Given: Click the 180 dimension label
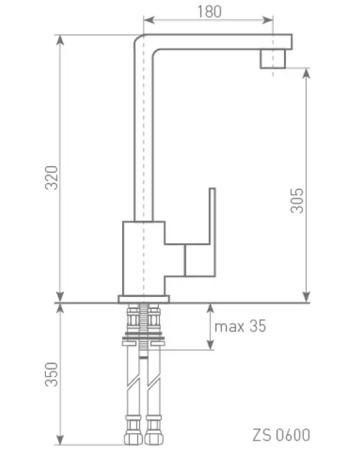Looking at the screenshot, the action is (209, 11).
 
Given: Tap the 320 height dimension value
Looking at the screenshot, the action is (52, 178).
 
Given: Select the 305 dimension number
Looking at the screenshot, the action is (297, 201).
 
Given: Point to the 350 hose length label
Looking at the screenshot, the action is (52, 374).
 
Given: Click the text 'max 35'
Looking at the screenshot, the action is (240, 326).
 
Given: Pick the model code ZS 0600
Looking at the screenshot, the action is (282, 435).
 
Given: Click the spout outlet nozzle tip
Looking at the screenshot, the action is (273, 59).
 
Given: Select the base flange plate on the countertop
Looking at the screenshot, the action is (144, 299).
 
